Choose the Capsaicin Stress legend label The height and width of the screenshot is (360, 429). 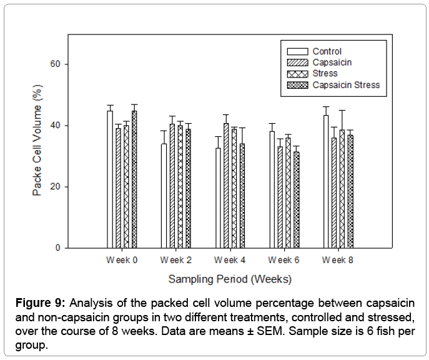point(346,85)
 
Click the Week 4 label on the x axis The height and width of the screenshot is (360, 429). point(230,260)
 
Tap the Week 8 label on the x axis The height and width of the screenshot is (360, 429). point(338,260)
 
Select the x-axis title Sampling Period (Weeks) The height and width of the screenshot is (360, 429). point(230,279)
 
